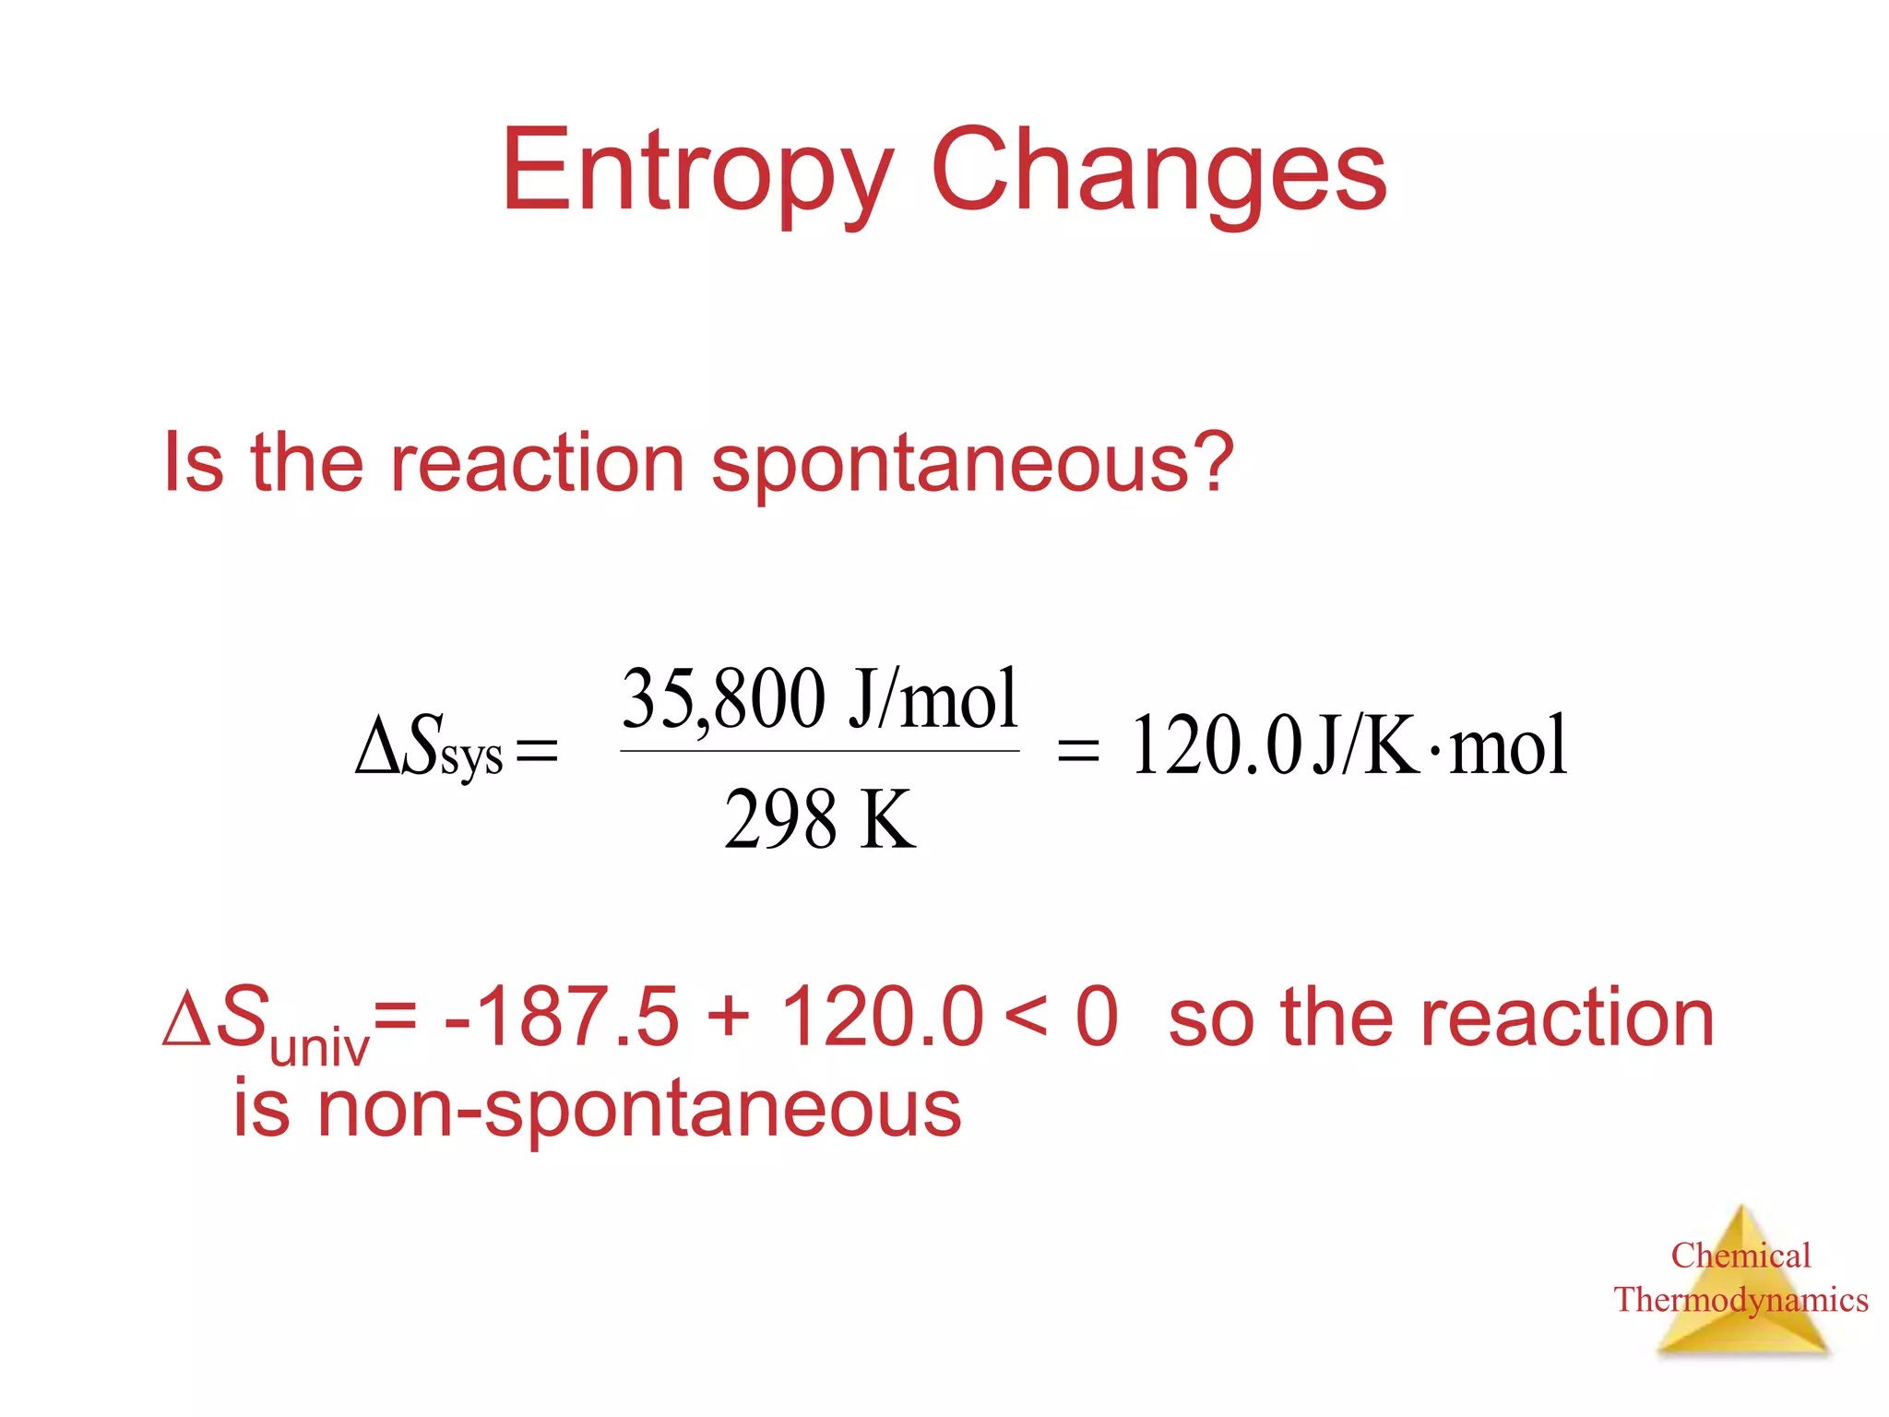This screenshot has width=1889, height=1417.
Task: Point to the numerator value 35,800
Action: [x=723, y=698]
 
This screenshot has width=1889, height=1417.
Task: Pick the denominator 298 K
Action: [x=820, y=819]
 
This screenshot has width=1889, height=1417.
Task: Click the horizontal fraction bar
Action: [x=820, y=751]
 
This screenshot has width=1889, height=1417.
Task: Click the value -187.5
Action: [x=562, y=1017]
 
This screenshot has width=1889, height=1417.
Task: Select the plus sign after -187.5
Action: [x=729, y=1018]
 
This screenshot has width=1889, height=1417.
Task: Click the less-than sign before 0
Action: [x=1026, y=1018]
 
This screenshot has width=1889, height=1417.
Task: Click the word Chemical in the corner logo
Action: [x=1740, y=1256]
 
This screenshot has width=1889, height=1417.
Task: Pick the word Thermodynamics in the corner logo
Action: [x=1740, y=1300]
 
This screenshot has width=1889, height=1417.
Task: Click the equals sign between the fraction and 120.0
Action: [x=1077, y=749]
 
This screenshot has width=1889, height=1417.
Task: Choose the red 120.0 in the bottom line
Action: [x=882, y=1017]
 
